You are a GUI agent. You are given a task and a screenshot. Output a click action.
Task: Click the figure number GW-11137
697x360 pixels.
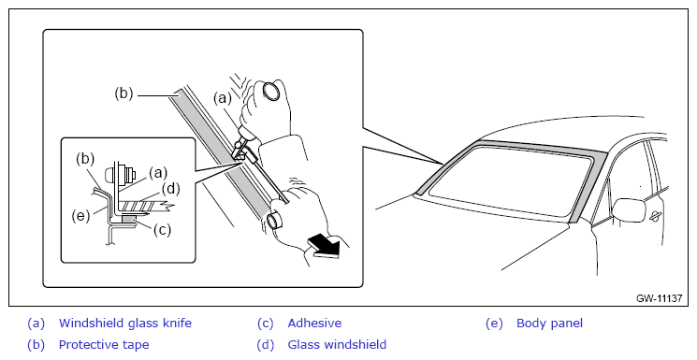(x=659, y=298)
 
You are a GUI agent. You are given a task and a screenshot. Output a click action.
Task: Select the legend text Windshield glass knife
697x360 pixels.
(x=125, y=324)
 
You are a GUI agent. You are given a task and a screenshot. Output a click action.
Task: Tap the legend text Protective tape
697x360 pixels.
(x=104, y=344)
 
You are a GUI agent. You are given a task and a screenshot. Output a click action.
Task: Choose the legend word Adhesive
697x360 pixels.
(x=314, y=324)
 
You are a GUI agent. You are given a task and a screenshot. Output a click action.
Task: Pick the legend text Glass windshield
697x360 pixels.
(x=337, y=344)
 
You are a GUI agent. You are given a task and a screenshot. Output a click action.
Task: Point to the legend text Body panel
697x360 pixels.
(x=549, y=324)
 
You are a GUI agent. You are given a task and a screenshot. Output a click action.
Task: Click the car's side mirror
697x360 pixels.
(x=629, y=209)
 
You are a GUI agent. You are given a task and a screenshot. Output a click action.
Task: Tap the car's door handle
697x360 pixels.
(x=655, y=216)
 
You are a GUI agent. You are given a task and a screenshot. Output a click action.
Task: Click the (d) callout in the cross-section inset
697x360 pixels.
(x=170, y=189)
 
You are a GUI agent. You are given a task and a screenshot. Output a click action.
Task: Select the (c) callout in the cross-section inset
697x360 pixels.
(x=162, y=230)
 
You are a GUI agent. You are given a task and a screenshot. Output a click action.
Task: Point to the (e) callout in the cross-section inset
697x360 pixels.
(x=80, y=216)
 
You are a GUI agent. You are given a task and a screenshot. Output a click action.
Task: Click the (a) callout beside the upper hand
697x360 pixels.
(x=223, y=98)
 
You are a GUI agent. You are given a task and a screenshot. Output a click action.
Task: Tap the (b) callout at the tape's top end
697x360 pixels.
(x=123, y=94)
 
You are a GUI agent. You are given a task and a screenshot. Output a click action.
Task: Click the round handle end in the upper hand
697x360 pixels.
(x=270, y=90)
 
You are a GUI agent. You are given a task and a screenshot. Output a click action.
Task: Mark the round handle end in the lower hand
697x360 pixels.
(x=277, y=220)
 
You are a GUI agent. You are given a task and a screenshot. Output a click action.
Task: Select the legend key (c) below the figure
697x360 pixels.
(x=266, y=324)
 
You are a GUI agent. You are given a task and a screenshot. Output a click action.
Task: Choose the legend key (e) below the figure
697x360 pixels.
(x=494, y=324)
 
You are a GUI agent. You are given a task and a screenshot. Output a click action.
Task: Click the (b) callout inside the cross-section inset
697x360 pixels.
(x=85, y=159)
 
